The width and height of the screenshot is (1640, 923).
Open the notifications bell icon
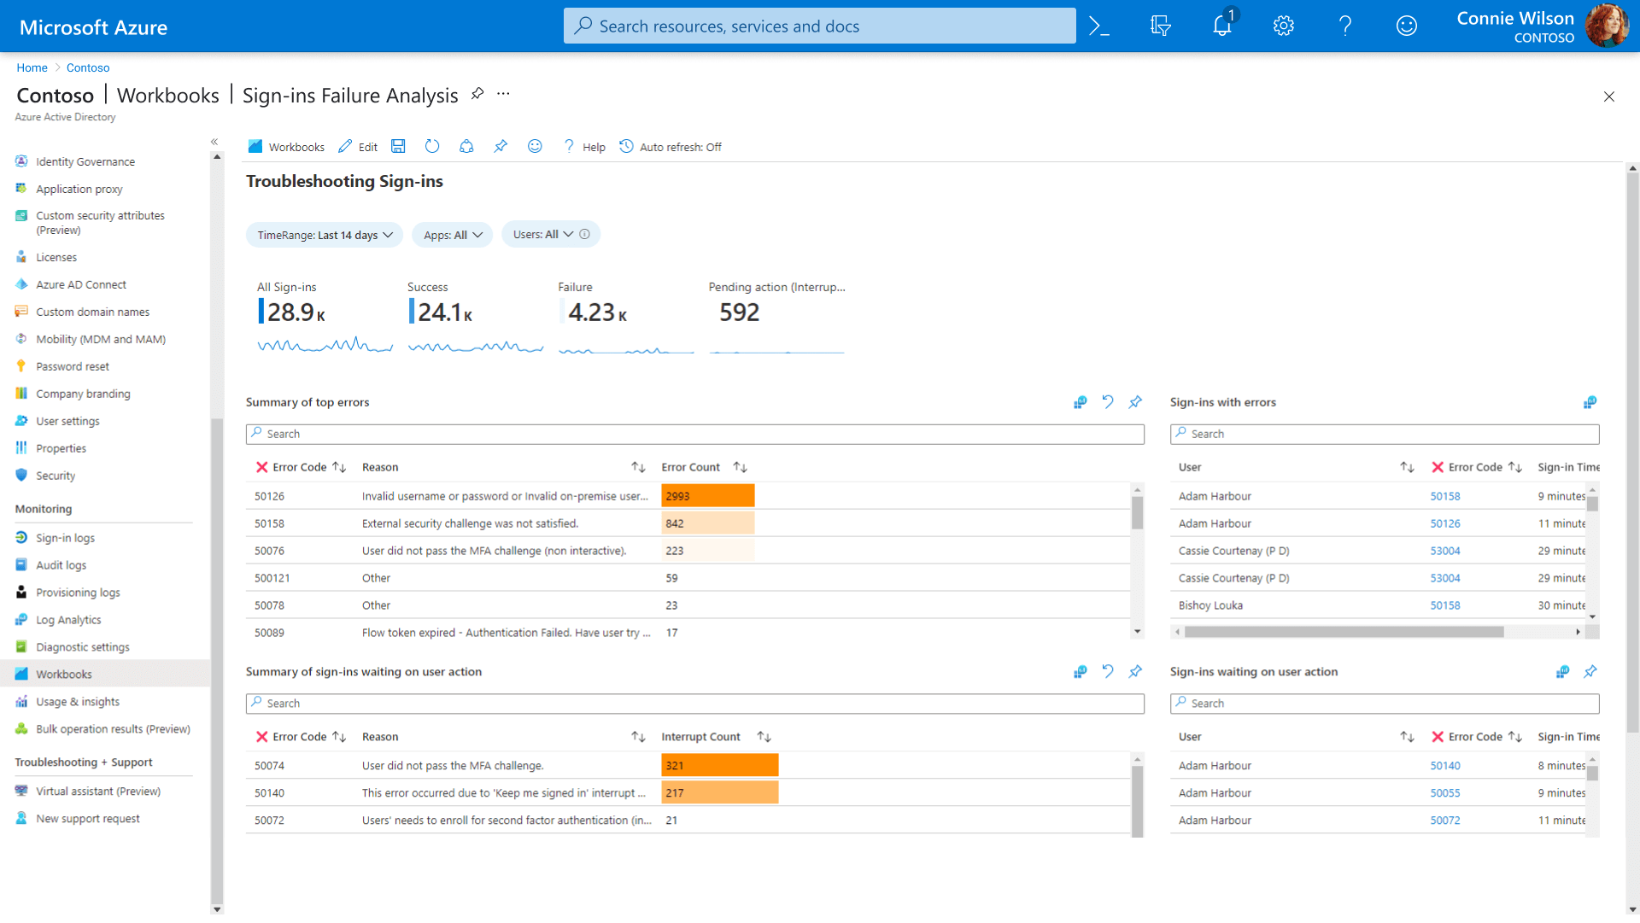pos(1222,26)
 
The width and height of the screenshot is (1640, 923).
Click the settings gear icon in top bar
pos(1283,26)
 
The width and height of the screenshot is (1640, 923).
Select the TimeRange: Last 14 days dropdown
pos(325,236)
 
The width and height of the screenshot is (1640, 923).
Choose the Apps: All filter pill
pos(453,236)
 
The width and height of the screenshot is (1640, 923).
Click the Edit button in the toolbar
pos(358,147)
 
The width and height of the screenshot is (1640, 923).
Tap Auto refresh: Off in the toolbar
pos(671,147)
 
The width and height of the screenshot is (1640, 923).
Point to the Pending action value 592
pos(739,313)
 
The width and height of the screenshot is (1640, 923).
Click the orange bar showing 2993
pos(707,496)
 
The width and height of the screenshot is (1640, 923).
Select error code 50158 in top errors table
pos(269,523)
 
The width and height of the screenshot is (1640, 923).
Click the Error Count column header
pos(690,467)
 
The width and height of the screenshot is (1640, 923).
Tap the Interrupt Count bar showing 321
pos(719,766)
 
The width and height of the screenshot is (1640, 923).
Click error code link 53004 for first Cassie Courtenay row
pos(1445,551)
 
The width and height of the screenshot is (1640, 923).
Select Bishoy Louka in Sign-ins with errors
pos(1210,605)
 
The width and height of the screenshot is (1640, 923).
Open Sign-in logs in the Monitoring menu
pos(65,538)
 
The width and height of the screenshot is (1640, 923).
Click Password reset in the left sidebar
pos(73,366)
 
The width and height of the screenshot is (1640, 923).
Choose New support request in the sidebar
pos(87,819)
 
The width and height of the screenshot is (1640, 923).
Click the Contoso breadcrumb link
pos(88,67)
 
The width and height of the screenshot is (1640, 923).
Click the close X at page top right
pos(1608,96)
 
